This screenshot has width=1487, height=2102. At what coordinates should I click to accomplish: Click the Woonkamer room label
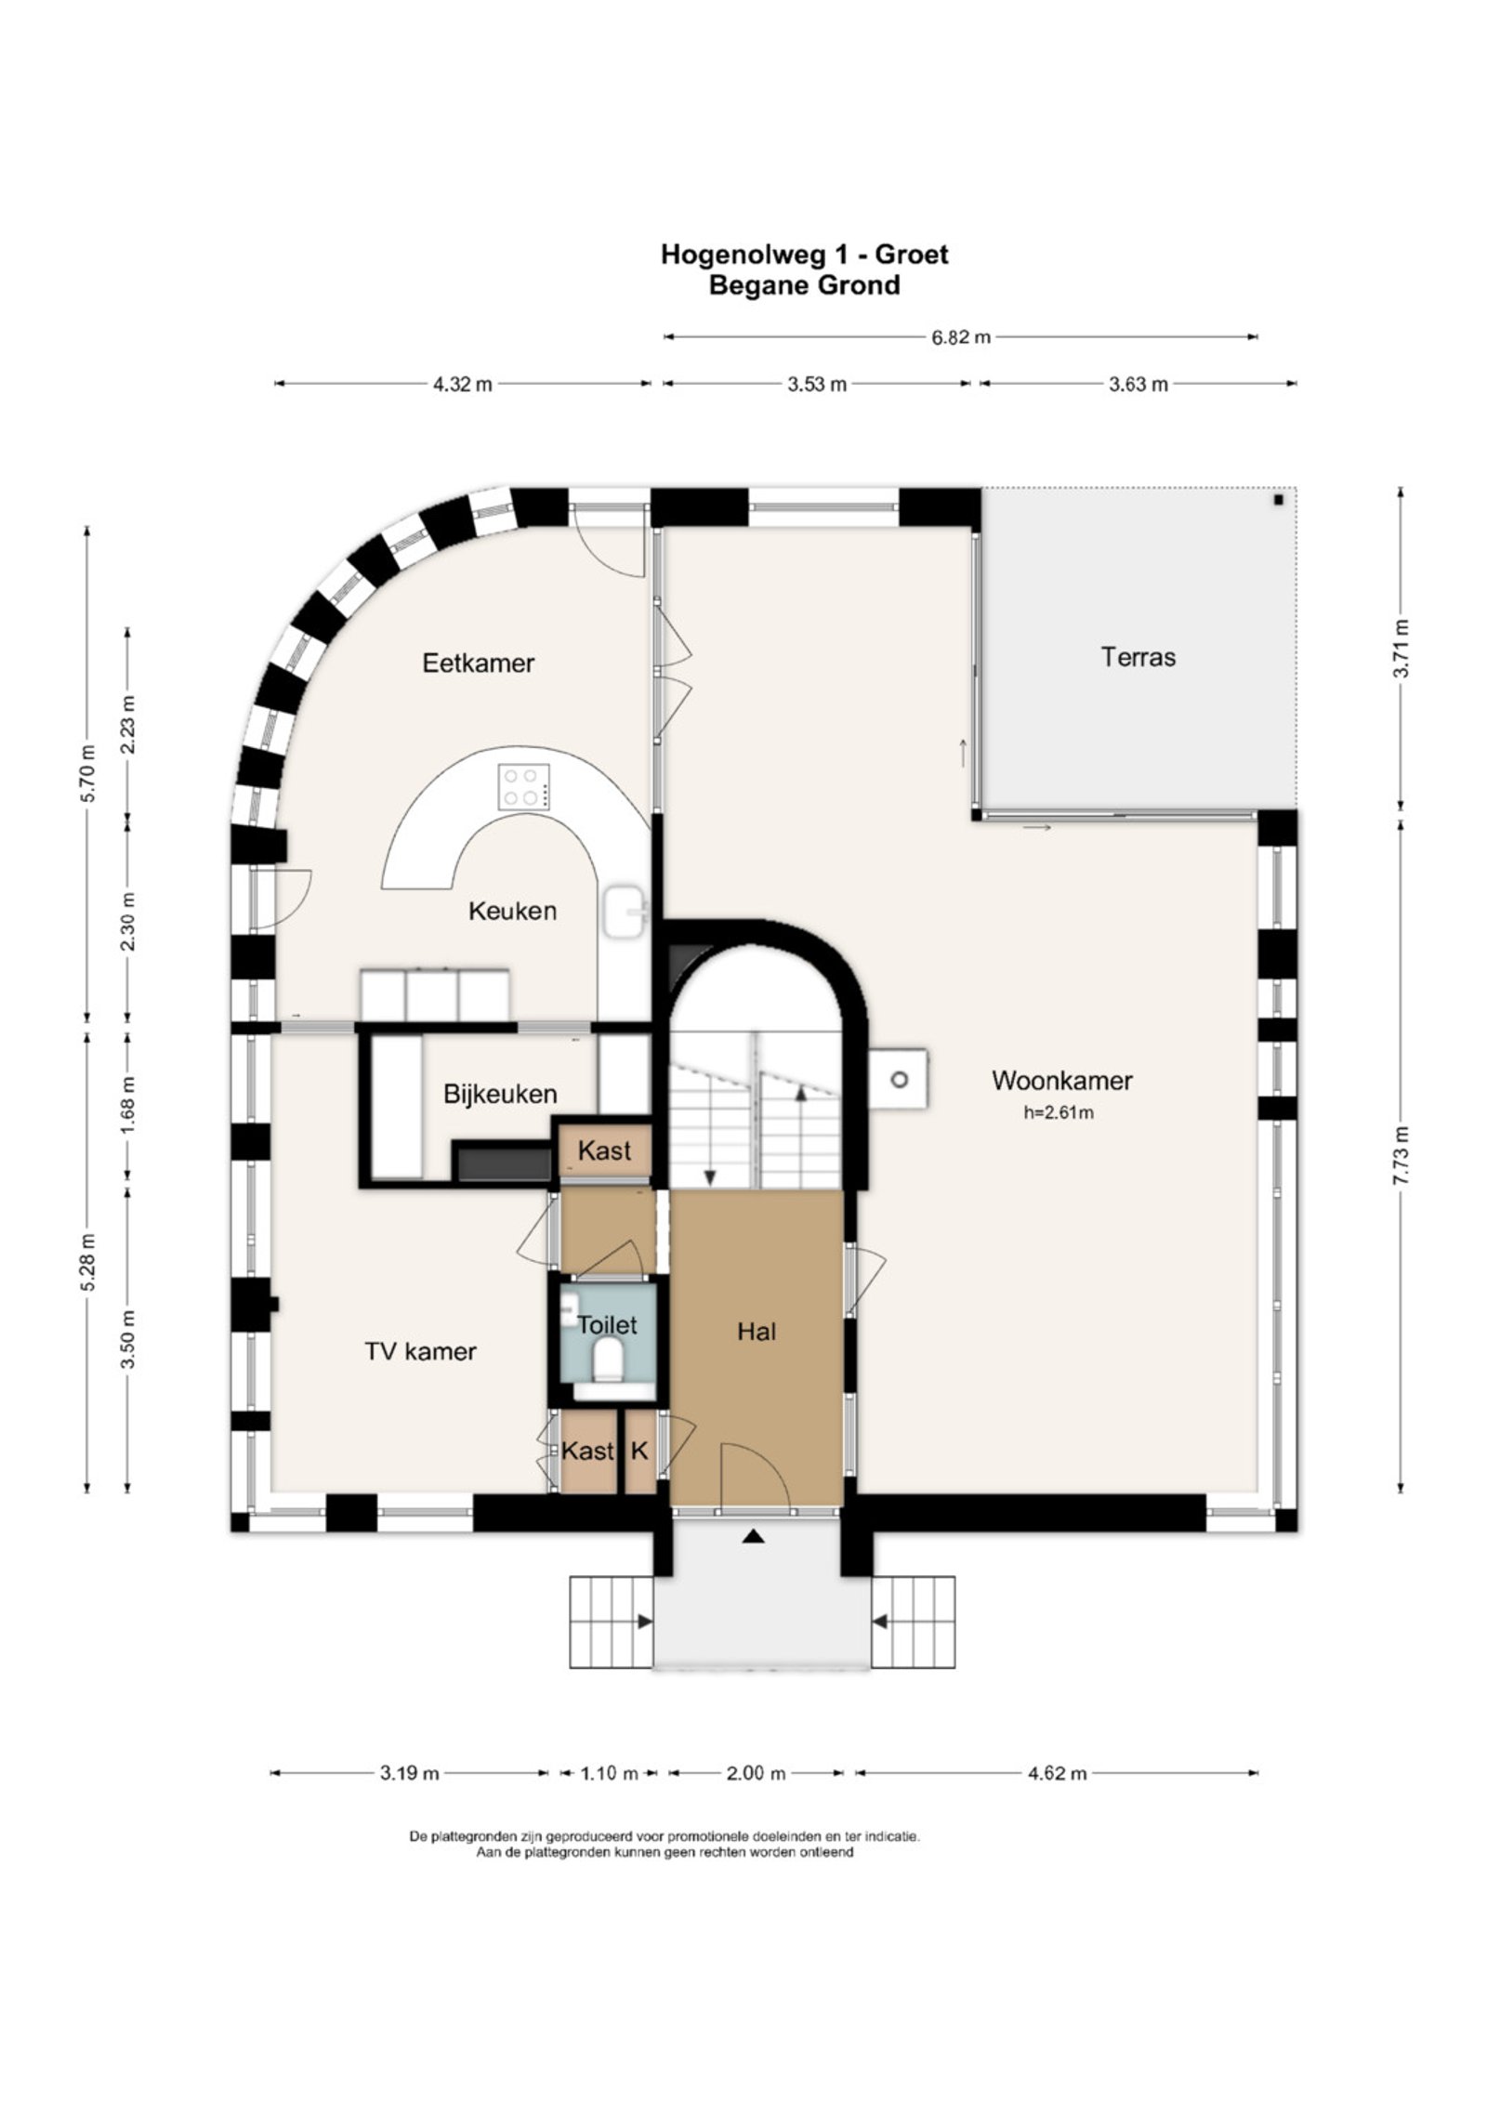click(x=1061, y=1081)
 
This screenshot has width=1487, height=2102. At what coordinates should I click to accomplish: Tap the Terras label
click(x=1138, y=657)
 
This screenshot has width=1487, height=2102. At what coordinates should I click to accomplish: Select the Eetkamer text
click(x=478, y=663)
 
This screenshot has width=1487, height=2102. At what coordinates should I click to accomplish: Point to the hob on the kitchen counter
click(x=524, y=787)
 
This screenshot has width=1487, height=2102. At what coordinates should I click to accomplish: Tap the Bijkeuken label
click(x=500, y=1095)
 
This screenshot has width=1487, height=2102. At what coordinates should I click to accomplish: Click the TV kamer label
click(x=420, y=1351)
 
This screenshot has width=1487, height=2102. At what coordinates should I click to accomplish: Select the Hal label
click(x=757, y=1333)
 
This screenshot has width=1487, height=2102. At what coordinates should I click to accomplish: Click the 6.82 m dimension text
click(x=961, y=337)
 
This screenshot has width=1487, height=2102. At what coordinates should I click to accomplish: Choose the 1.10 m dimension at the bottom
click(x=609, y=1774)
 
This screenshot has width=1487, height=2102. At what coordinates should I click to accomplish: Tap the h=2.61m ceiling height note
click(x=1059, y=1112)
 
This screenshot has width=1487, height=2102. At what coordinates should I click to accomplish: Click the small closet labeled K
click(x=639, y=1451)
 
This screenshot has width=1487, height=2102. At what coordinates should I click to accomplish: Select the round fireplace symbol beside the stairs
click(x=899, y=1080)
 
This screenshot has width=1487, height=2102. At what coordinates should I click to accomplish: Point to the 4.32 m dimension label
click(x=462, y=384)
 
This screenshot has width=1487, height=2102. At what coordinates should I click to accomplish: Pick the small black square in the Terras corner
click(x=1279, y=500)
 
